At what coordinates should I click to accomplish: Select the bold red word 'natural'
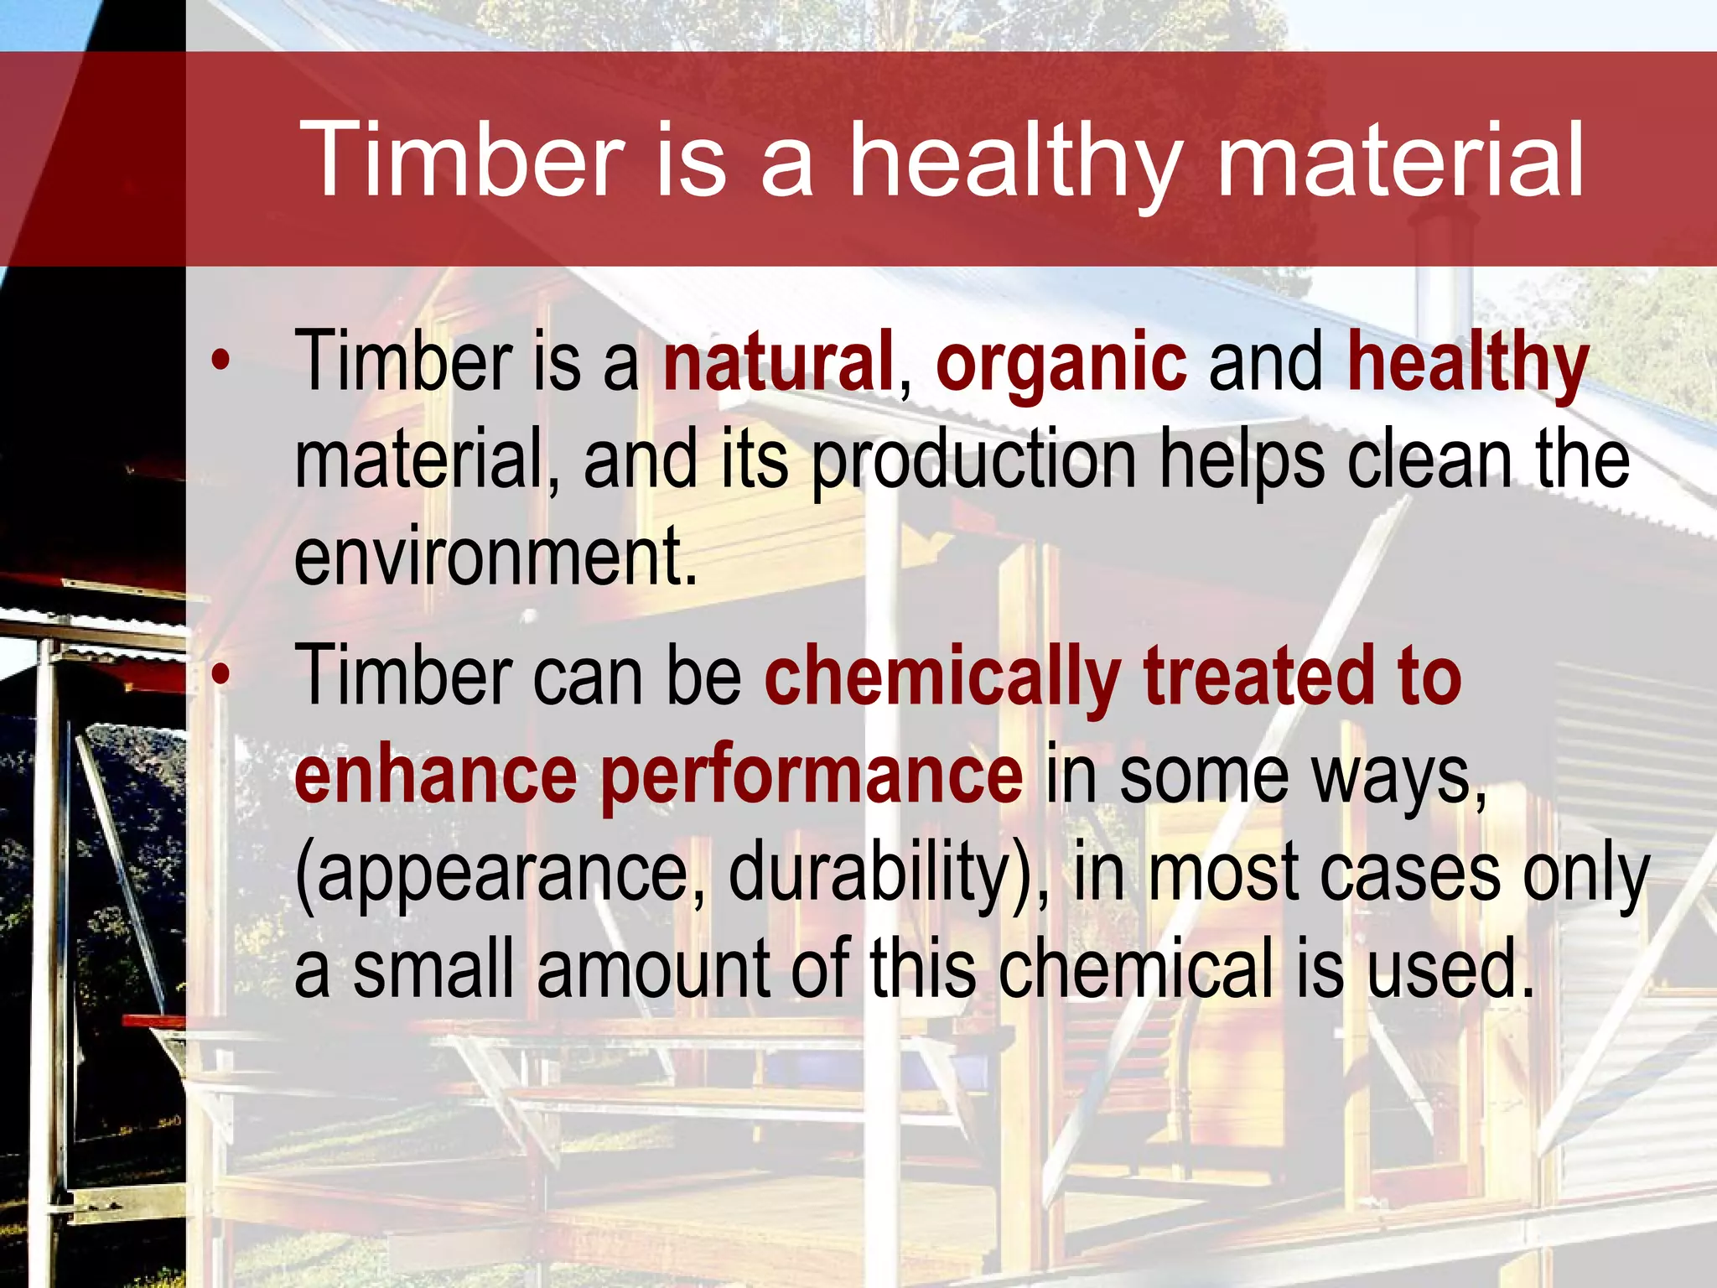778,362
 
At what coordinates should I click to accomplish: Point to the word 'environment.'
495,558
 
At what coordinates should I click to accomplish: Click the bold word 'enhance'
436,776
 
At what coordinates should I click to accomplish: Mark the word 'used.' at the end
1450,969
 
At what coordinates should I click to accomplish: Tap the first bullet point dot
220,361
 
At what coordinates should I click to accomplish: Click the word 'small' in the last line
433,969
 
